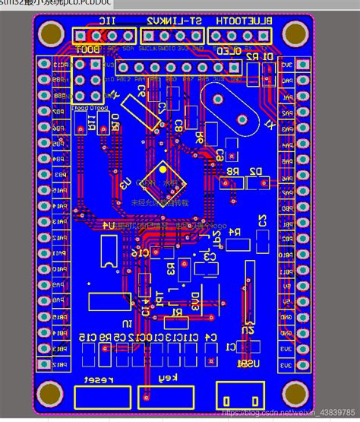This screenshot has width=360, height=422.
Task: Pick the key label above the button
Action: pyautogui.click(x=166, y=378)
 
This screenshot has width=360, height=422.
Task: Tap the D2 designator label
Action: pyautogui.click(x=255, y=172)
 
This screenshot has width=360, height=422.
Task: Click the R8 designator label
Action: pyautogui.click(x=228, y=172)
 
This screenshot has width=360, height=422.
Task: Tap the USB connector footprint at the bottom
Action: pyautogui.click(x=238, y=395)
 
